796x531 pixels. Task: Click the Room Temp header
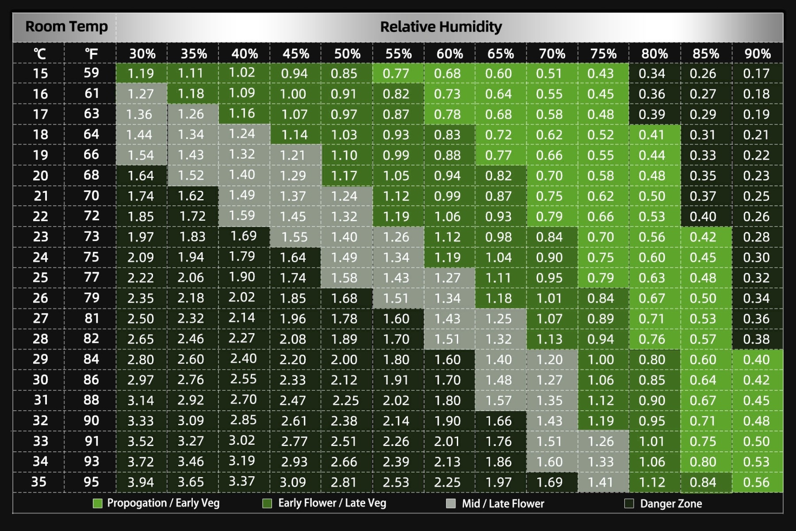(x=66, y=27)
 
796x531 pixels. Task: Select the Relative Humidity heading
(x=441, y=27)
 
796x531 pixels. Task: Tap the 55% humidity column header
(x=398, y=54)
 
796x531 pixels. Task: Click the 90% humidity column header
(x=757, y=54)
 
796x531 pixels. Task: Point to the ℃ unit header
(x=40, y=54)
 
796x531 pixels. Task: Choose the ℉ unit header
(x=91, y=54)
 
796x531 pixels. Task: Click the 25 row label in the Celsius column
(x=40, y=277)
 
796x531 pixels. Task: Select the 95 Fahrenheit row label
(x=91, y=482)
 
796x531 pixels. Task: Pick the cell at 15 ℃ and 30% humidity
(x=141, y=73)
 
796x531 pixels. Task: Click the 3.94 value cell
(x=141, y=482)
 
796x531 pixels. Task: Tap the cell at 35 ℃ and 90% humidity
(x=757, y=482)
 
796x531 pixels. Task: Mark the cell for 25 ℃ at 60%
(x=448, y=277)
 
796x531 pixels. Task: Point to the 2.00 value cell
(x=344, y=359)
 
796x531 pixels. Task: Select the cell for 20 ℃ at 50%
(x=344, y=176)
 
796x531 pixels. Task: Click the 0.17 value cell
(x=757, y=73)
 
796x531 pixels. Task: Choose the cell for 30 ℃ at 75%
(x=601, y=380)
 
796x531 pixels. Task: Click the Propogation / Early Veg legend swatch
(x=98, y=504)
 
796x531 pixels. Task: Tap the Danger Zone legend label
(x=671, y=504)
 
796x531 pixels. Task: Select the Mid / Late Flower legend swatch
(x=451, y=504)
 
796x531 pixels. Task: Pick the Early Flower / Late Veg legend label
(x=332, y=504)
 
